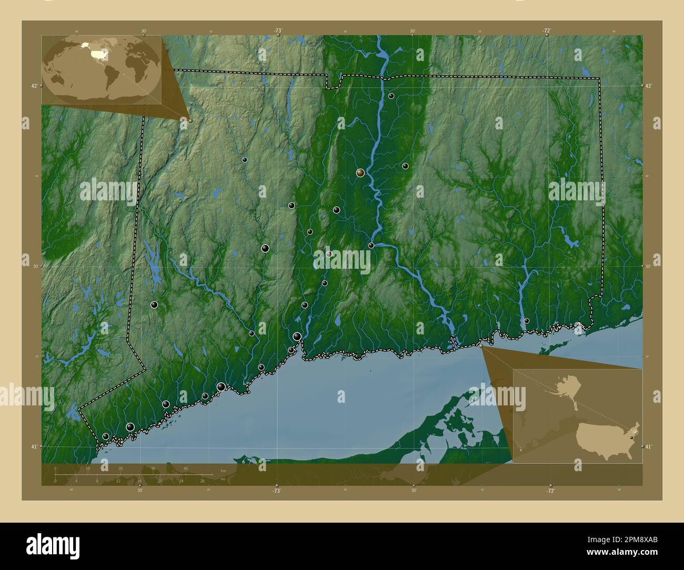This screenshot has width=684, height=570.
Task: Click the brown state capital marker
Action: [360, 172]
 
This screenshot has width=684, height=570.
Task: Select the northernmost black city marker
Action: [391, 96]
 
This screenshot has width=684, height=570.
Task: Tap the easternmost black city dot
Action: [526, 321]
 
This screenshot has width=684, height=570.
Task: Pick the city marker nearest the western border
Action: [154, 304]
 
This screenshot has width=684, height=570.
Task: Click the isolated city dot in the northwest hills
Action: [245, 159]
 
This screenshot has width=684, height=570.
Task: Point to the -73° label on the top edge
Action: [277, 30]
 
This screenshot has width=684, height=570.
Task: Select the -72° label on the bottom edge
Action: [550, 490]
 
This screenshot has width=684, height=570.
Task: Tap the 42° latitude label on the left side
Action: [34, 86]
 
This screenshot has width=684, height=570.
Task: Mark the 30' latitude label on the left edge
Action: [33, 266]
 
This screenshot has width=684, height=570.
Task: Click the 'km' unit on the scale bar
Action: [223, 470]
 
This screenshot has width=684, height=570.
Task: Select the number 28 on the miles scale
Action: [202, 480]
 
